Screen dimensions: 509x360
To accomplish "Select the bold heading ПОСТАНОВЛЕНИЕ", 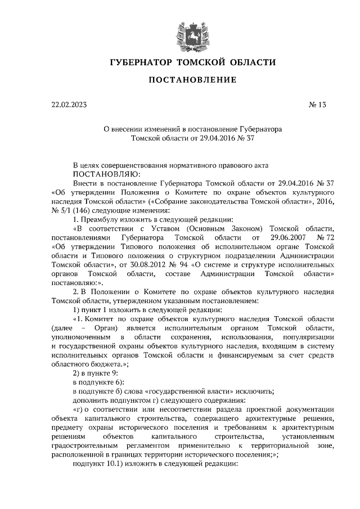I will click(192, 80).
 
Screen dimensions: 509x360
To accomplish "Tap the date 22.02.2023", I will click(69, 105).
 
